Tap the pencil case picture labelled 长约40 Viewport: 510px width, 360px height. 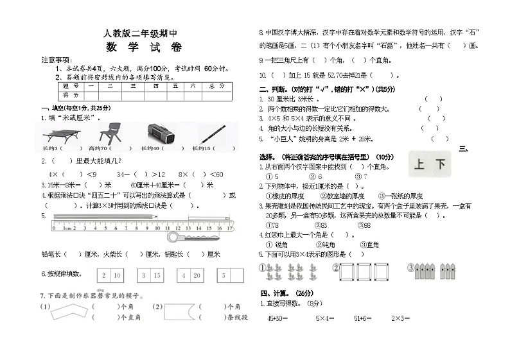tap(158, 134)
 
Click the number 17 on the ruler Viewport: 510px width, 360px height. tap(229, 227)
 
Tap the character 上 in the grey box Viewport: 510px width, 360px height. tap(419, 165)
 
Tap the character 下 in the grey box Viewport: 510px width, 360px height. tap(440, 165)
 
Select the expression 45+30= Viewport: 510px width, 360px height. tap(277, 318)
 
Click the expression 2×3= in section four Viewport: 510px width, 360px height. tap(401, 318)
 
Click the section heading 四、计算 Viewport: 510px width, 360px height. tap(280, 293)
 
